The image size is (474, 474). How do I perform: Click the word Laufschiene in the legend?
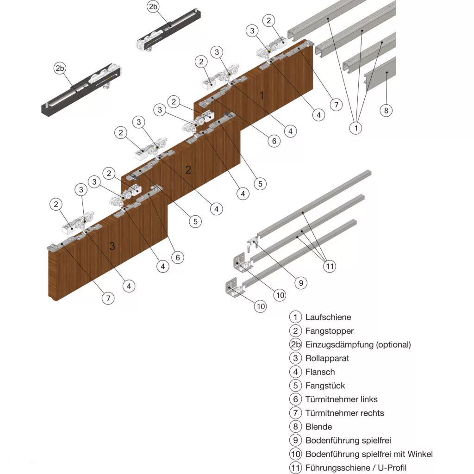coord(328,317)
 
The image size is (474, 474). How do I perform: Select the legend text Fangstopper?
coord(329,331)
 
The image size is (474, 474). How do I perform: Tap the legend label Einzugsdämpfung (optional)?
coord(358,344)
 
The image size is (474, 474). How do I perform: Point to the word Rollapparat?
coord(327,358)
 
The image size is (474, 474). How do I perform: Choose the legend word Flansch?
coord(320,372)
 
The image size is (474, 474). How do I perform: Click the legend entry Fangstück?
coord(325,386)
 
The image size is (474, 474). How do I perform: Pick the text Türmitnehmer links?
coord(341,399)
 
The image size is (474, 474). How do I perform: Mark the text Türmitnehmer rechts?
coord(344,413)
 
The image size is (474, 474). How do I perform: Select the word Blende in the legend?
coord(318,427)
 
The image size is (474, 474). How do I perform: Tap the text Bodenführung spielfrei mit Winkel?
coord(369,454)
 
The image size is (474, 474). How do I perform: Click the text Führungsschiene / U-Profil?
coord(356,468)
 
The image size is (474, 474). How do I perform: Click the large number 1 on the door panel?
coord(262,96)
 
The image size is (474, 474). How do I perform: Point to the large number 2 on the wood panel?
coord(188,170)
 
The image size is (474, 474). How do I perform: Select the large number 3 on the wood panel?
coord(112,246)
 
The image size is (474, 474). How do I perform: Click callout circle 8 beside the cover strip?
coord(386,110)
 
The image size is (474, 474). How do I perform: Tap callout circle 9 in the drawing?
coord(300,282)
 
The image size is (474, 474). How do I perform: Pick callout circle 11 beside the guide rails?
coord(330,266)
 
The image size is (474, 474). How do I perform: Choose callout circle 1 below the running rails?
coord(355,128)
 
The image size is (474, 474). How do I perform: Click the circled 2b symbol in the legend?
coord(295,344)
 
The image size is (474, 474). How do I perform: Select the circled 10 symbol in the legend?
coord(295,454)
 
